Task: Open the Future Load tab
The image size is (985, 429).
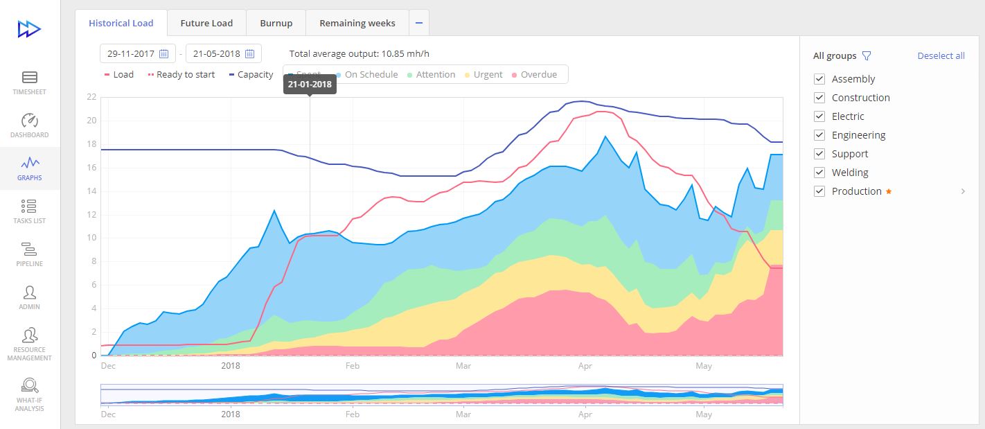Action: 206,23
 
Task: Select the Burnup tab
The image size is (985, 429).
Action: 276,23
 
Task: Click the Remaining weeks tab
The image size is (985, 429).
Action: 357,23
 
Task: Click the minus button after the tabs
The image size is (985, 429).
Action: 418,23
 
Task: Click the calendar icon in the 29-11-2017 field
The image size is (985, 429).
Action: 164,53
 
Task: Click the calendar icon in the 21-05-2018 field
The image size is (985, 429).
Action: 250,53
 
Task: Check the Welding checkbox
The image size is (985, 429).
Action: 820,173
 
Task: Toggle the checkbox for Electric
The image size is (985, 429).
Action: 820,116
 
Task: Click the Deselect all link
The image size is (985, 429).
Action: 941,55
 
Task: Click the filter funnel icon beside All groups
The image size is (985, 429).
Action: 866,56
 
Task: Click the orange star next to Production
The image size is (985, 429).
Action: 889,191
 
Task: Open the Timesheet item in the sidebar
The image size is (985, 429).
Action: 30,82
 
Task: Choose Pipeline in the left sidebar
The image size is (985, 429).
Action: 30,254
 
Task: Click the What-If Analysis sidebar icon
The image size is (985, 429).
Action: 30,392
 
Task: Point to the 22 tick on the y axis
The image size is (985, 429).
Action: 91,97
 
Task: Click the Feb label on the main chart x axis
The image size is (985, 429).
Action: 353,365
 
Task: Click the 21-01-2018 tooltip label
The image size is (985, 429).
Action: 310,85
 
